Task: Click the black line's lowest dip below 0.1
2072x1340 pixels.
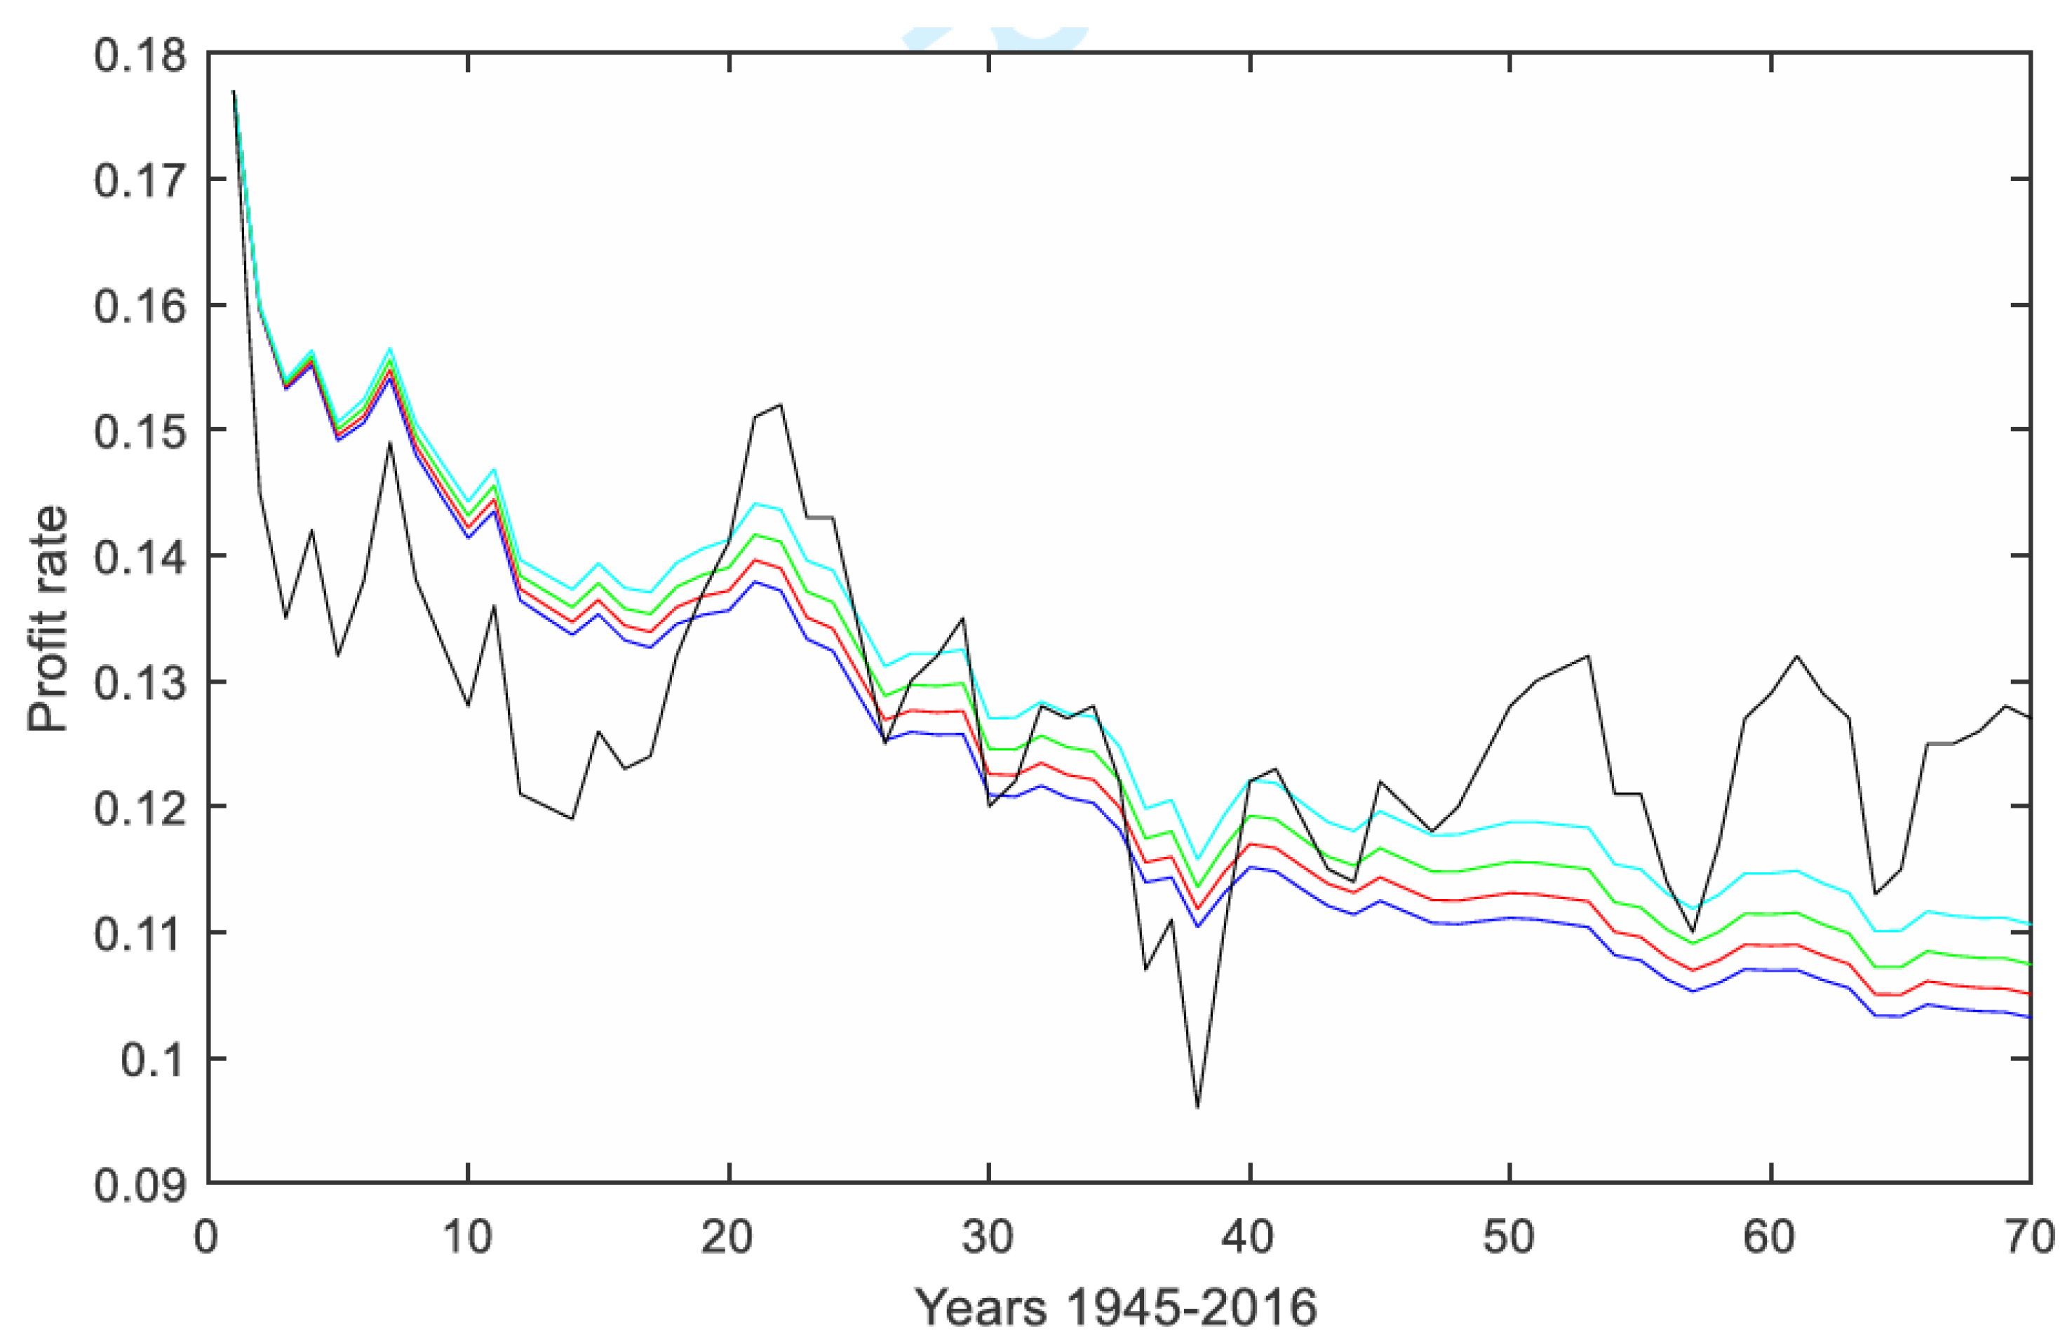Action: [1197, 1106]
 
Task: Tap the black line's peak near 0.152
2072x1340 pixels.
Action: [781, 405]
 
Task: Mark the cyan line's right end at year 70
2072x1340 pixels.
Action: [2029, 923]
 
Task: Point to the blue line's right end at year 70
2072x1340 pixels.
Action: [2029, 1016]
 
